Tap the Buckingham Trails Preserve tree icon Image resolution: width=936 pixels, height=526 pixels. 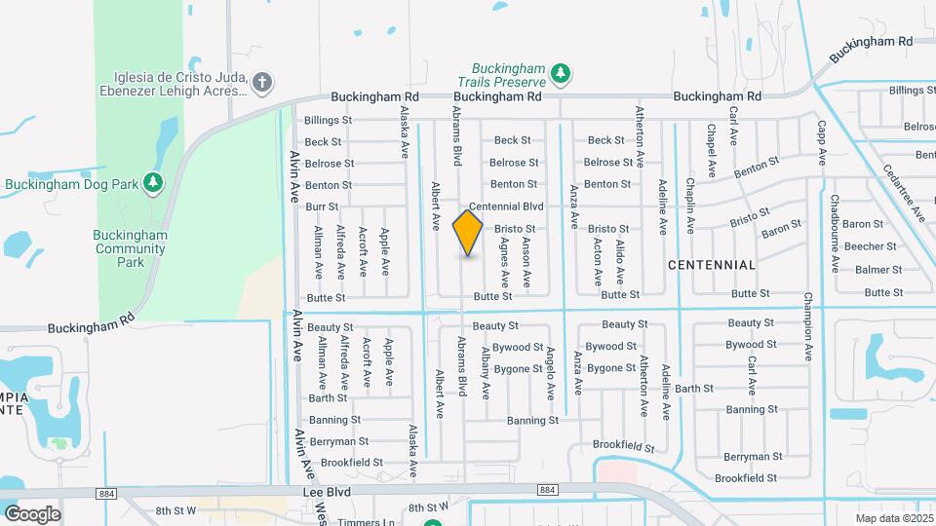click(x=561, y=73)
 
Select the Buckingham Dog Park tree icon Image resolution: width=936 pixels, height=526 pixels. click(x=153, y=182)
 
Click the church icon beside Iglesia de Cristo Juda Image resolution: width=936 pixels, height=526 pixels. click(x=261, y=83)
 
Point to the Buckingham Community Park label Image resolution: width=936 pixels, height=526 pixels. click(x=131, y=248)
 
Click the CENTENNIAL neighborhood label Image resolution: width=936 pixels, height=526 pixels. click(x=712, y=265)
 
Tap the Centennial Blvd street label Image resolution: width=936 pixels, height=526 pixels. click(x=505, y=207)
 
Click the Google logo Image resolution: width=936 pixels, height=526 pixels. click(x=31, y=513)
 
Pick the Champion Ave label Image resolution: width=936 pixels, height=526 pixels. click(x=808, y=326)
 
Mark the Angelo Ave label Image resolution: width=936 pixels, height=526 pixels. click(x=550, y=372)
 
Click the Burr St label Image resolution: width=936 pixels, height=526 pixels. click(x=321, y=207)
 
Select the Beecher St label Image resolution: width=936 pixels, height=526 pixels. click(x=870, y=246)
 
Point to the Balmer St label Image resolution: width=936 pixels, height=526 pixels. click(x=877, y=269)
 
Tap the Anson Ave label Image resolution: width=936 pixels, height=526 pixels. click(x=526, y=261)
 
